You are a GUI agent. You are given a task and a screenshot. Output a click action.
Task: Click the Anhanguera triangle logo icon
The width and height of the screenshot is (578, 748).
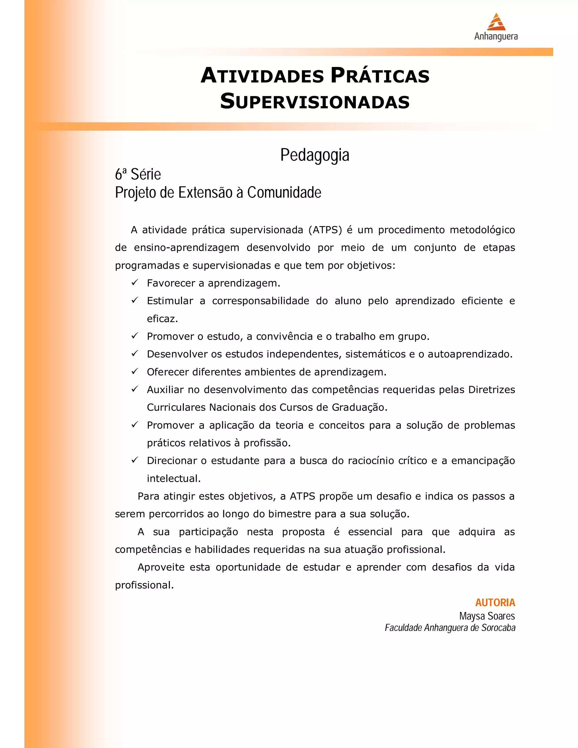coord(496,22)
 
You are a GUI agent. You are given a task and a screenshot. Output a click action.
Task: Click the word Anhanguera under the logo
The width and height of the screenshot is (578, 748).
coord(496,36)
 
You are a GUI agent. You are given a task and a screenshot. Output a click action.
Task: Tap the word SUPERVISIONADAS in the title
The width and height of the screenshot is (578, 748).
coord(315,101)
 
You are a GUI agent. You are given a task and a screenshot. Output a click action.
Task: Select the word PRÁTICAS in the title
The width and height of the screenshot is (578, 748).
coord(380,76)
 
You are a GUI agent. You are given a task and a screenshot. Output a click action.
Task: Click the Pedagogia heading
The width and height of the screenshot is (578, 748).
coord(315,155)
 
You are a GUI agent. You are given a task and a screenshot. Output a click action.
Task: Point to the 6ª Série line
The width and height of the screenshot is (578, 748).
coord(138,174)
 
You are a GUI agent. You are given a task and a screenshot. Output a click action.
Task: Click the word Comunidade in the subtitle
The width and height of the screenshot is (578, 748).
coord(284,193)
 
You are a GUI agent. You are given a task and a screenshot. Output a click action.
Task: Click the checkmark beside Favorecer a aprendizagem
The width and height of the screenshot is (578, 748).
coord(135,283)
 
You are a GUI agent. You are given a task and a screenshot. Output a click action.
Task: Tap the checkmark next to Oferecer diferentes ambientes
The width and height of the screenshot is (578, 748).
coord(135,371)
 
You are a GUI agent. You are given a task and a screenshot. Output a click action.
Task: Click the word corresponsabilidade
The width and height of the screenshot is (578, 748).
coord(260,301)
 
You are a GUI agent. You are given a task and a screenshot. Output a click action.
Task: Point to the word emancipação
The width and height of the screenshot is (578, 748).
coord(483,461)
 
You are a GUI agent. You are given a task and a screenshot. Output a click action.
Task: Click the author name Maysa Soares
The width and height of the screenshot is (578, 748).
coord(487,616)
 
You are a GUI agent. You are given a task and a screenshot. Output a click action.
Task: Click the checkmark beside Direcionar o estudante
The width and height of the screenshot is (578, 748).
coord(135,460)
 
